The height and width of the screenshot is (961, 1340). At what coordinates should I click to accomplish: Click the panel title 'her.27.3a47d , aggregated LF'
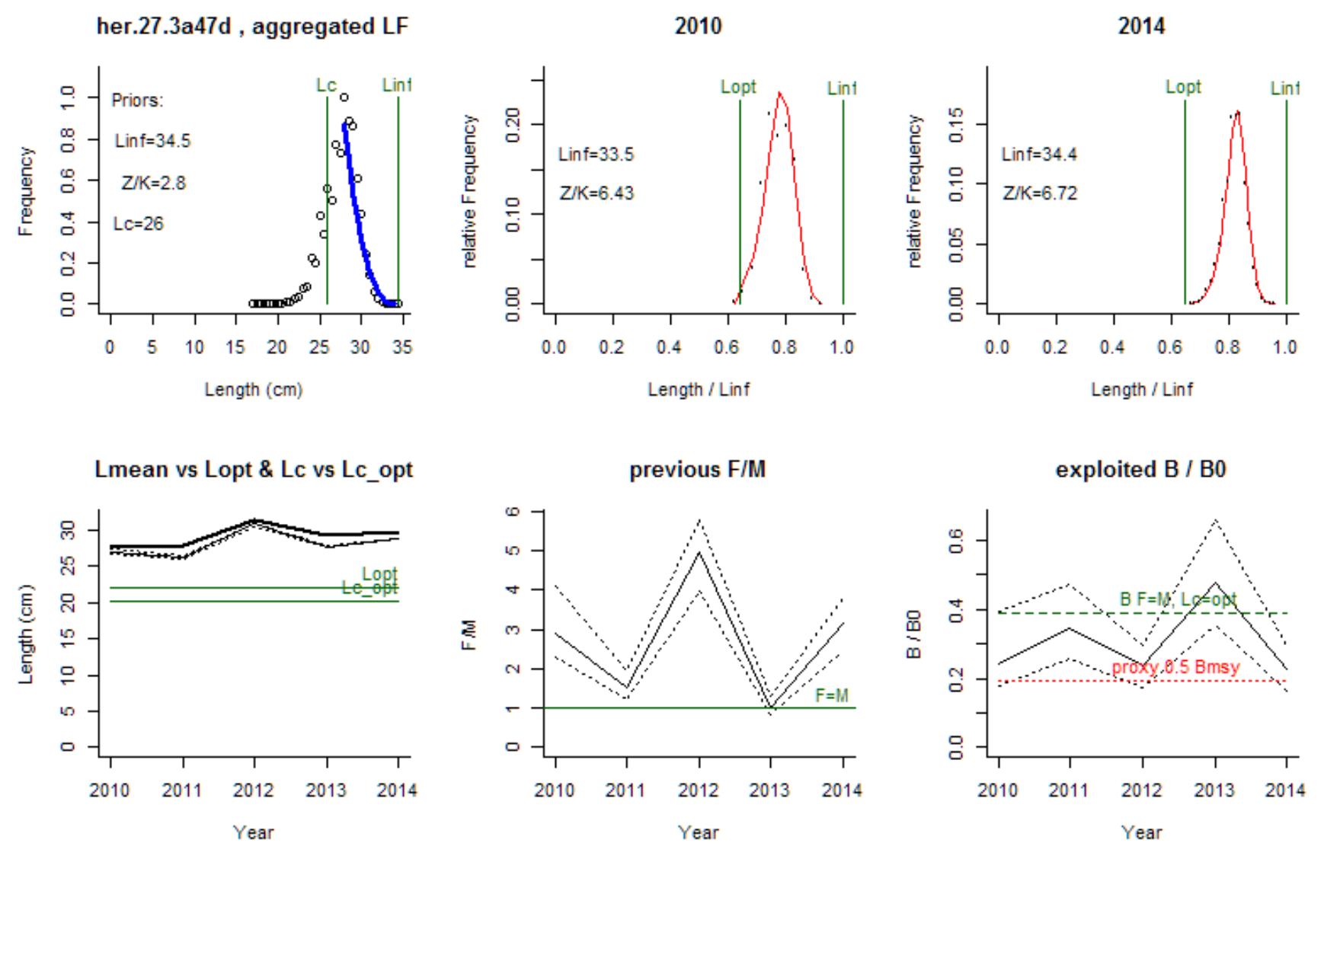point(252,27)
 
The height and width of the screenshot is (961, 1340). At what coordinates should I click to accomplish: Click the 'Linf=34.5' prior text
point(152,141)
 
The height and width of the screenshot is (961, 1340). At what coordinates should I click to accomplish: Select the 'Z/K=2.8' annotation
point(153,183)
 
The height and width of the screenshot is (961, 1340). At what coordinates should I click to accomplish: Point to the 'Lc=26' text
point(138,224)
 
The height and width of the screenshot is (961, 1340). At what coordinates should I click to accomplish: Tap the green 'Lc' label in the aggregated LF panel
point(326,85)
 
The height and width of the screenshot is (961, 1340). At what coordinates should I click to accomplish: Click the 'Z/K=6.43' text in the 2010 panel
point(596,193)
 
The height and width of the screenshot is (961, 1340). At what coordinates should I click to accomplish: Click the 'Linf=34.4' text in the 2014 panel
point(1039,155)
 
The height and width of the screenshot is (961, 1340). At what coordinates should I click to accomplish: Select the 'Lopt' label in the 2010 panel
point(738,87)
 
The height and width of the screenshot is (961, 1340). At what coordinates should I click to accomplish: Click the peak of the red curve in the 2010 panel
point(779,93)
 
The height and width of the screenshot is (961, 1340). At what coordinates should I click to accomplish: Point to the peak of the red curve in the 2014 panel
point(1238,113)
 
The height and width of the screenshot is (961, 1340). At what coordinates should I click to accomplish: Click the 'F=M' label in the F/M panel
point(831,695)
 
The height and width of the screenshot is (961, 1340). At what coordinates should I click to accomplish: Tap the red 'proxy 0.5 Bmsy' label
point(1175,668)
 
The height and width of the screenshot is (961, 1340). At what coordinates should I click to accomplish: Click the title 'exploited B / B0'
point(1140,470)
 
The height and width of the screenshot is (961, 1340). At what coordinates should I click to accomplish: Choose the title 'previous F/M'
point(697,470)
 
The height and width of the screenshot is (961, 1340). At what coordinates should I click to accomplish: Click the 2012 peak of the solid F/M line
point(699,551)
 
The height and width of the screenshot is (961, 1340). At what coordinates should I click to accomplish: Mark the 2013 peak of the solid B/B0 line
point(1215,583)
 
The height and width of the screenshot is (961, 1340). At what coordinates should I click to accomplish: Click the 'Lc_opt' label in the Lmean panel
point(369,588)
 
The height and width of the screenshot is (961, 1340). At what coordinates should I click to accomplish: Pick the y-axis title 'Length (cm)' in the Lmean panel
point(27,634)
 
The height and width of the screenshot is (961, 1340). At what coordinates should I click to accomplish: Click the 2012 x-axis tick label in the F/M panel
point(699,790)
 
